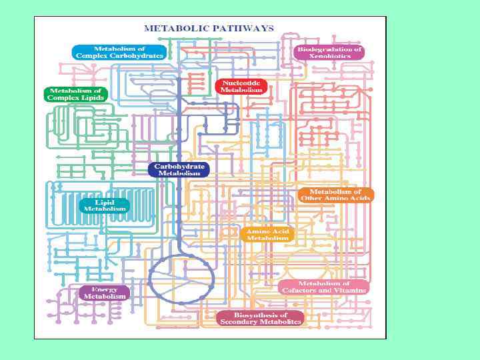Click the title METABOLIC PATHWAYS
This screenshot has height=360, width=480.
209,28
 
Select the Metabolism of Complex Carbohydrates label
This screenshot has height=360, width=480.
119,52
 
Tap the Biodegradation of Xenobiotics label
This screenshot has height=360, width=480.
329,53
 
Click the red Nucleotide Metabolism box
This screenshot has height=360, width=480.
241,86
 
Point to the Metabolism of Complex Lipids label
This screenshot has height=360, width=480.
75,94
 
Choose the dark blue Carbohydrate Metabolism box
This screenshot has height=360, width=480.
179,169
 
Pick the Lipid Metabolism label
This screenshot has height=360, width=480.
105,205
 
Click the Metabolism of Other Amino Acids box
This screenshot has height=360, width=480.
335,195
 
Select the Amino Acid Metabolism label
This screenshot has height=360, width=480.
267,234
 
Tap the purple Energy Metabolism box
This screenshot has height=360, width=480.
105,293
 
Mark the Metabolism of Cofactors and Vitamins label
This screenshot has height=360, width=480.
324,287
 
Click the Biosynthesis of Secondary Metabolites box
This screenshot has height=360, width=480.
260,318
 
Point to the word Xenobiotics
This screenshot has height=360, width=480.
329,57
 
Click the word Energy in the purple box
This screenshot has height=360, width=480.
105,289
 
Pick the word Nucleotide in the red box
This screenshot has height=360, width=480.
241,83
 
